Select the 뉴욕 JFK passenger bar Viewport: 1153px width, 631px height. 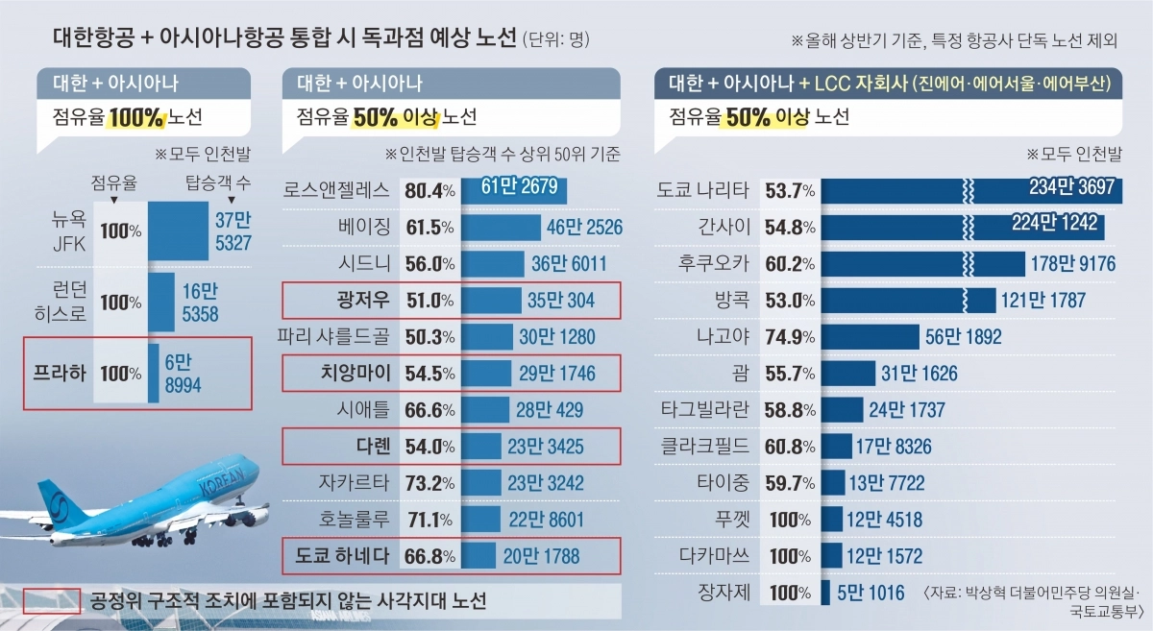178,231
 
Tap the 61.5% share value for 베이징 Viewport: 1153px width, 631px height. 429,228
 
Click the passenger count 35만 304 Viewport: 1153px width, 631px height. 561,301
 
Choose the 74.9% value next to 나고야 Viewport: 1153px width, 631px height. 790,337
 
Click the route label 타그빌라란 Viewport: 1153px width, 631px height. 703,410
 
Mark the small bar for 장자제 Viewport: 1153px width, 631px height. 824,593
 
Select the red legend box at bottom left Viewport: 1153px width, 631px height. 51,600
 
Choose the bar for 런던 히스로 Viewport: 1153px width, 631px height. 161,302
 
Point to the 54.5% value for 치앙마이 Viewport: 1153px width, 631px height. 429,374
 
